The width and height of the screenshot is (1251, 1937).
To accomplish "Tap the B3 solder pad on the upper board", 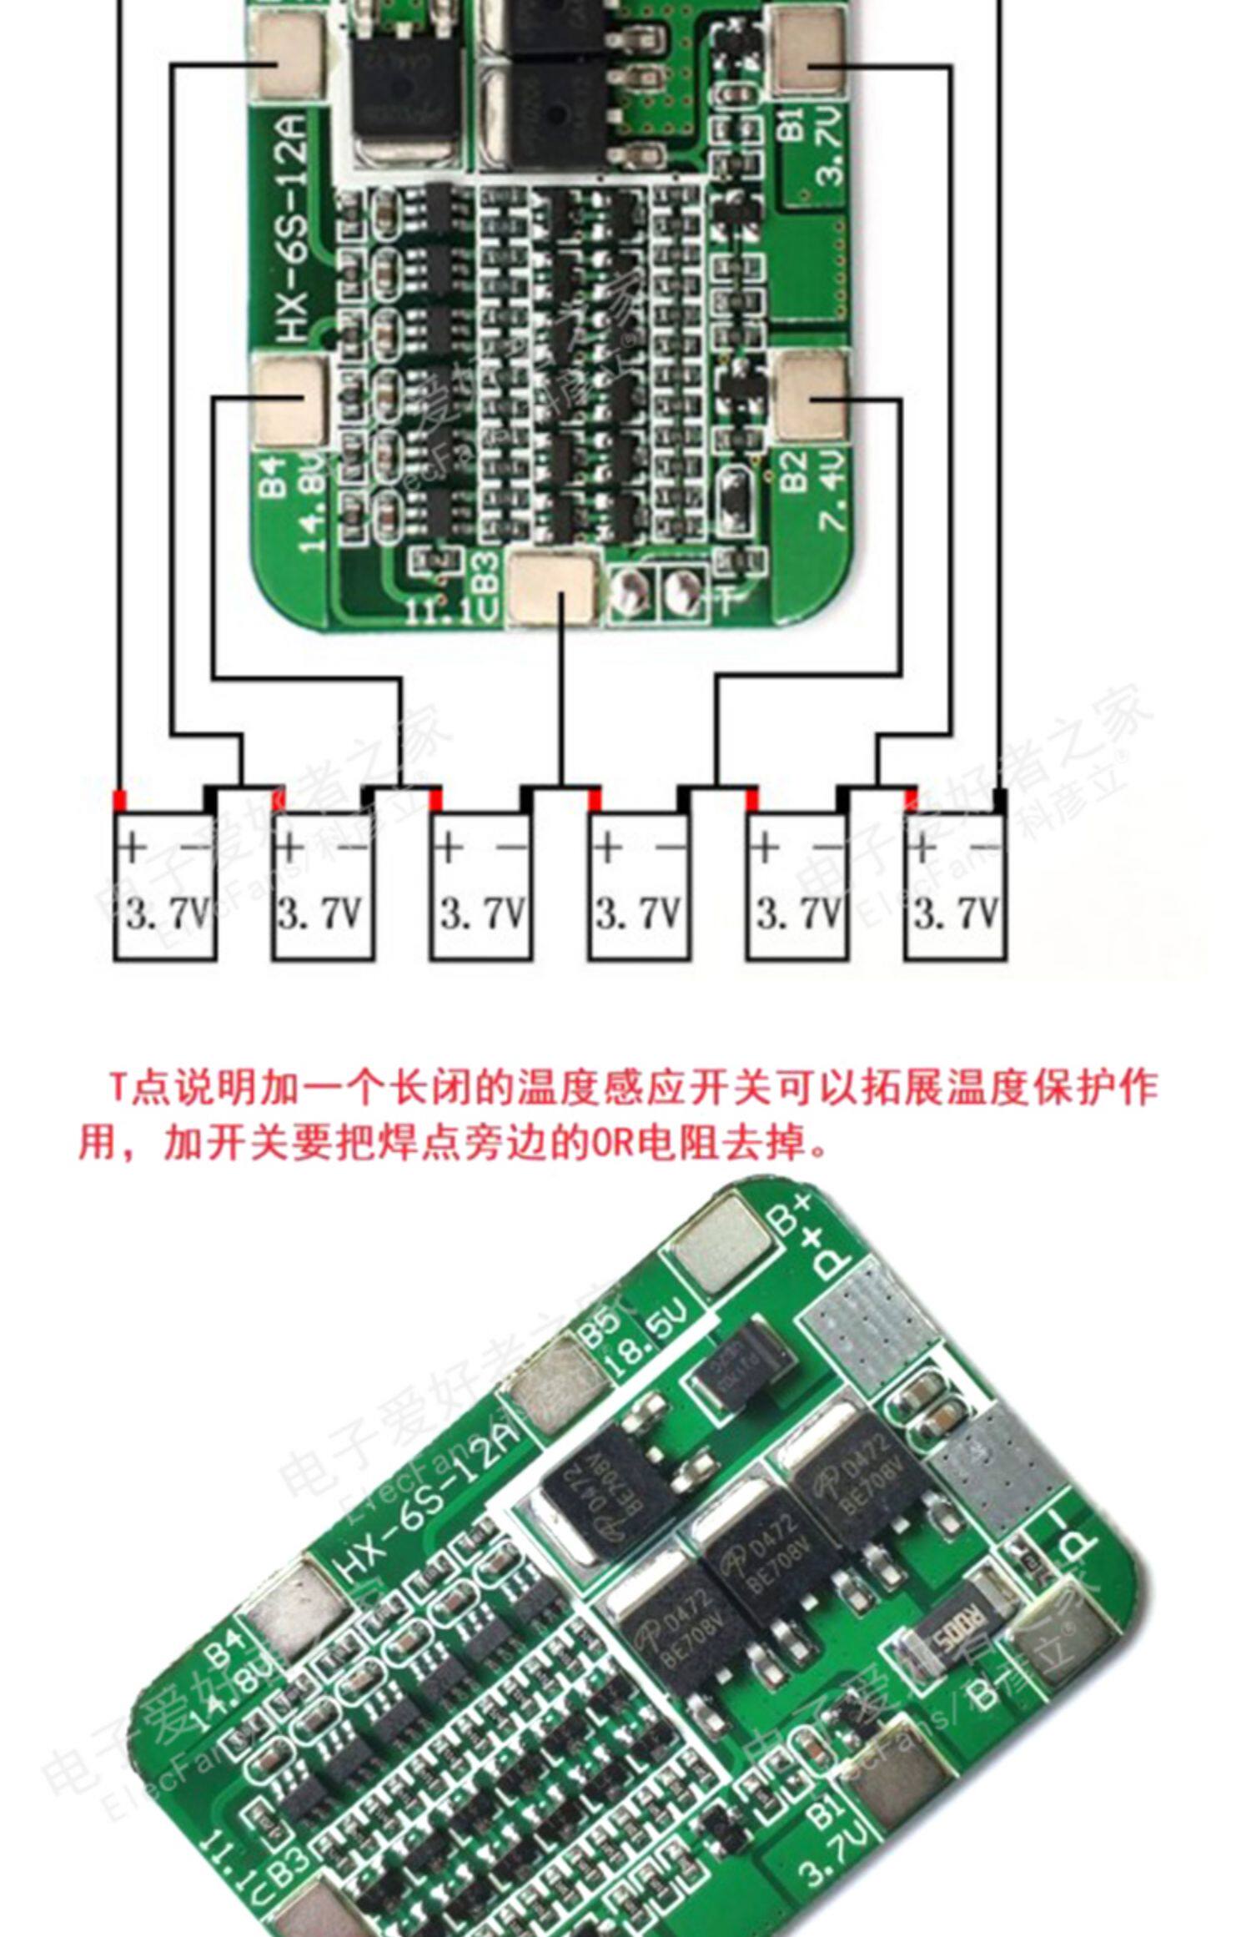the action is point(555,589).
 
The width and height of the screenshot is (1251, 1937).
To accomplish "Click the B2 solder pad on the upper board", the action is point(811,395).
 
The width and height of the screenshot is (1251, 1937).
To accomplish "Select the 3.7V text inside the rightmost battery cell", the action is point(956,914).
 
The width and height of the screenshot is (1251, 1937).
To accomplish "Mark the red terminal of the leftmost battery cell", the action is point(121,799).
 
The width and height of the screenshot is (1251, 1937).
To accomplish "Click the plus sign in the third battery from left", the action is point(448,848).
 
